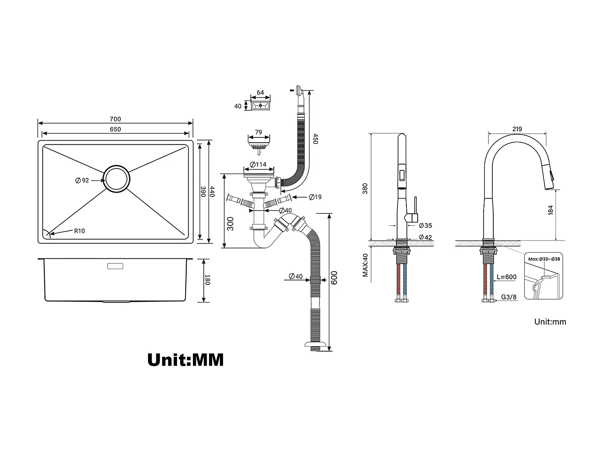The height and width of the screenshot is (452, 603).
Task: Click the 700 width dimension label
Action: tap(115, 119)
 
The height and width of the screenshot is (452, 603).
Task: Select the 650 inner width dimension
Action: tap(115, 129)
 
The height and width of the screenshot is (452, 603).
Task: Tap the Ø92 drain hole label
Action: tap(82, 180)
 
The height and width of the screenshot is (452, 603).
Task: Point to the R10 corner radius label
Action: tap(79, 231)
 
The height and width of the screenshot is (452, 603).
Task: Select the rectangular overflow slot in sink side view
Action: tap(115, 266)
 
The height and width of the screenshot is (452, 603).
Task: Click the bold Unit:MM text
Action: tap(185, 360)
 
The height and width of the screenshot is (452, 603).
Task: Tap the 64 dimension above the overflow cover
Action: tap(260, 92)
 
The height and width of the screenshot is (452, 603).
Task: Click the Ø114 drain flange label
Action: tap(258, 164)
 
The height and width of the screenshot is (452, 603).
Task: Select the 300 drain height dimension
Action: tap(230, 223)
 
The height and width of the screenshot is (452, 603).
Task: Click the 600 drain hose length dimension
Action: tap(334, 277)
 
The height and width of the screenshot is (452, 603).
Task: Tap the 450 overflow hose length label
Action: tap(316, 139)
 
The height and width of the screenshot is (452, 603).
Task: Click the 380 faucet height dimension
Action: tap(365, 188)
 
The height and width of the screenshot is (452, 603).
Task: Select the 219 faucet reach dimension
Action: tap(517, 129)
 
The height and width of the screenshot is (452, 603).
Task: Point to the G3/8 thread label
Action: tap(509, 298)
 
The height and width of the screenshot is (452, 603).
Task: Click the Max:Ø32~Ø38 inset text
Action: tap(544, 259)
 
